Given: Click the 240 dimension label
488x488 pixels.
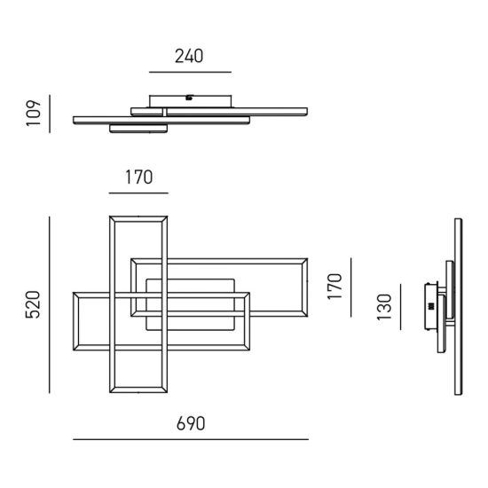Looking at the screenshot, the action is point(189,56).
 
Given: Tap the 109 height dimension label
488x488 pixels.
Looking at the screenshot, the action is point(34,114).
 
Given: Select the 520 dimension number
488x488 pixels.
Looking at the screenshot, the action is point(33,304).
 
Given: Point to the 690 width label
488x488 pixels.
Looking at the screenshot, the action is point(191,423).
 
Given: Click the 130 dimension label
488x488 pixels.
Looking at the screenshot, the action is point(384,307).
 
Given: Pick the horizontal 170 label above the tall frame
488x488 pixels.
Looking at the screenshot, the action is point(138,177).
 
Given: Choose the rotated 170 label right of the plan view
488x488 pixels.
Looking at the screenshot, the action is point(335,287).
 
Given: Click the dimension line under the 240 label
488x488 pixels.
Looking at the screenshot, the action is point(190,72).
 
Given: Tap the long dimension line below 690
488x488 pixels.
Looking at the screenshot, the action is point(191,439).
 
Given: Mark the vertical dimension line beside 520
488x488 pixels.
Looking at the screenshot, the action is point(49,305).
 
